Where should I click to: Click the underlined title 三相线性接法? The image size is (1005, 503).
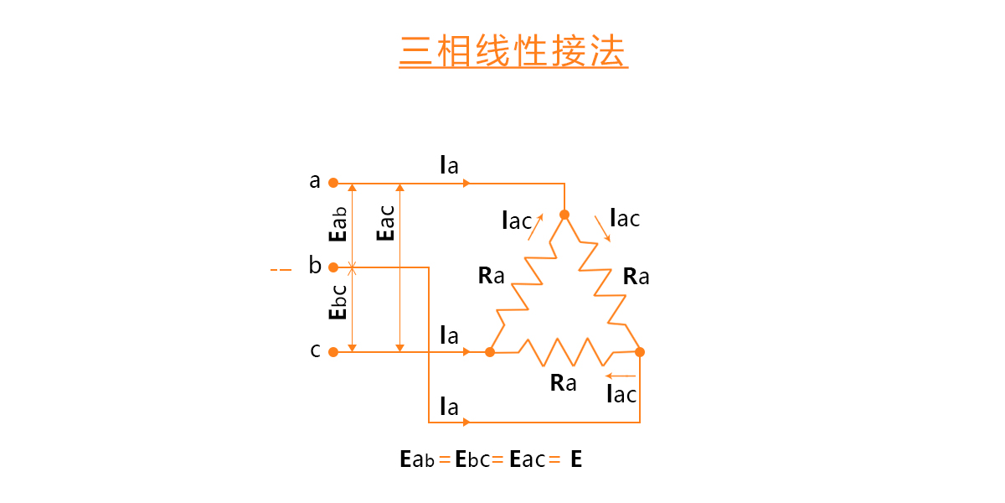pos(513,52)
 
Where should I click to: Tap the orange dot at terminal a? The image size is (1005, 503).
pos(333,183)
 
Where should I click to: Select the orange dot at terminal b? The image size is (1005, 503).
pos(333,267)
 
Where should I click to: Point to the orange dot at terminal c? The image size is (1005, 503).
pos(333,352)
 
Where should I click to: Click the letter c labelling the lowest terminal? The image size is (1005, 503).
pos(315,350)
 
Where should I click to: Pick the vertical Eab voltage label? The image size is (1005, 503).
pos(338,223)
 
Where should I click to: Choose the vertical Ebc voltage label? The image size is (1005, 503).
pos(338,301)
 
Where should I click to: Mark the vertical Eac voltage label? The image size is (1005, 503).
pos(385,223)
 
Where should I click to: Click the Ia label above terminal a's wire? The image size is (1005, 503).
pos(450,165)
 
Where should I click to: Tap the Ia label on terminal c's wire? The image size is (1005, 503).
pos(450,335)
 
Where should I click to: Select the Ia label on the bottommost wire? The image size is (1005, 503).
pos(450,407)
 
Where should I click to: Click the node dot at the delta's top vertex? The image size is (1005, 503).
pos(564,215)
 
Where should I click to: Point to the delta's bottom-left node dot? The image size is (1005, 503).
pos(490,352)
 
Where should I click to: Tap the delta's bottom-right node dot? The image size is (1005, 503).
pos(640,352)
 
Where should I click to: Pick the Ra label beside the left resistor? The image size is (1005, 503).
pos(492,276)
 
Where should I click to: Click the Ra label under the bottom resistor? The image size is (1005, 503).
pos(563,383)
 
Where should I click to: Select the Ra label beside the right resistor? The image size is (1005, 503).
pos(636,276)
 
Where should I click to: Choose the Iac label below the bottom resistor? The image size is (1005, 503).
pos(621,393)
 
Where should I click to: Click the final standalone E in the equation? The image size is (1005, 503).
pos(576,459)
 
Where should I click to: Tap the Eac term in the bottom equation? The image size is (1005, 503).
pos(528,459)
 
